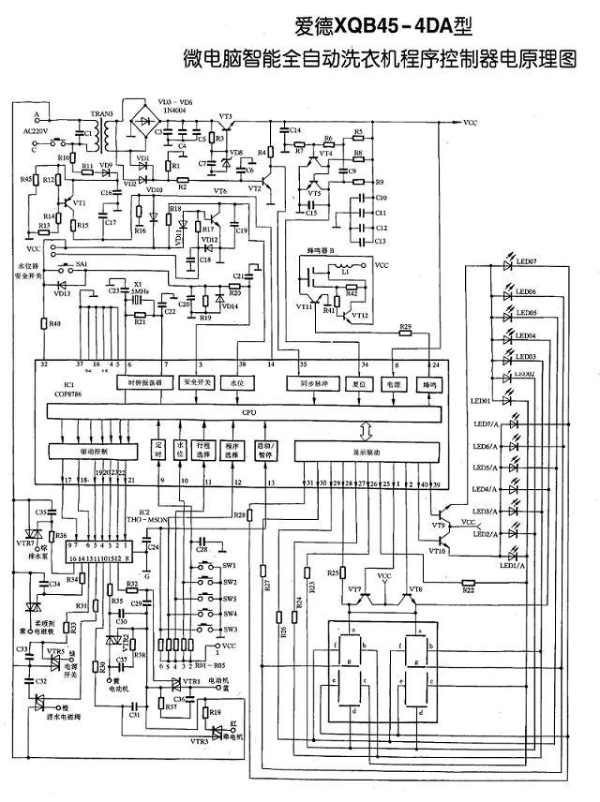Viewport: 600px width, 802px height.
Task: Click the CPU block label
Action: pos(247,411)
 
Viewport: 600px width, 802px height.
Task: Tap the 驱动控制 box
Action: pos(94,451)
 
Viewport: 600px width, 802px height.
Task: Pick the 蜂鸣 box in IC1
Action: pos(428,383)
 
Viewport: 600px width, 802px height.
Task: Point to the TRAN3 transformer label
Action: pos(101,114)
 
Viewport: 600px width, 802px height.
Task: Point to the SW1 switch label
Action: pos(229,566)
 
